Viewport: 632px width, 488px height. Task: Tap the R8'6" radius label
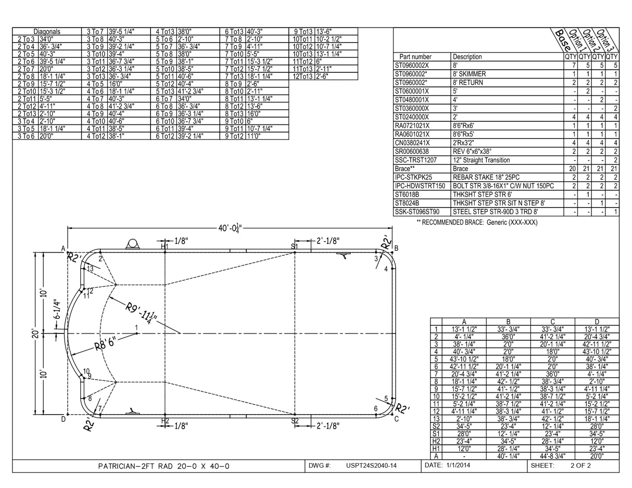(x=105, y=344)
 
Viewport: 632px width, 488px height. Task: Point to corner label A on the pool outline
(x=63, y=249)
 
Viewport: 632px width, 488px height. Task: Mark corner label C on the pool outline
(x=396, y=419)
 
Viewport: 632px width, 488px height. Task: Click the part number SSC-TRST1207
(x=415, y=160)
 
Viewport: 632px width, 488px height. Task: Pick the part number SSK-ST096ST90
(x=417, y=212)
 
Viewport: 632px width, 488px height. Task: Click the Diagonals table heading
(x=47, y=31)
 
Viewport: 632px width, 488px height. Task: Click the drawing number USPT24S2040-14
(x=371, y=466)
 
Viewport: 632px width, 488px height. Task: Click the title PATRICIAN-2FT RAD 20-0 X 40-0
(x=163, y=466)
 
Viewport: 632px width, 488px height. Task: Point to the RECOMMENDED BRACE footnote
(x=476, y=222)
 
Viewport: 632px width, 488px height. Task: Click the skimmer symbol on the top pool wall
(x=132, y=245)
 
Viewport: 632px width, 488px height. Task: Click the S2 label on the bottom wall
(x=295, y=421)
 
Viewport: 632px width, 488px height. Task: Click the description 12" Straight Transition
(x=481, y=160)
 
